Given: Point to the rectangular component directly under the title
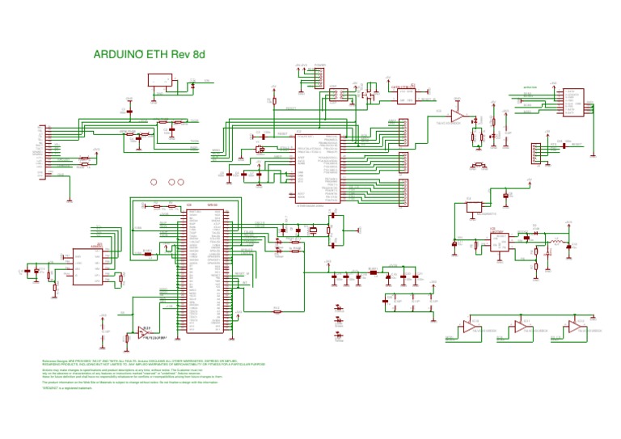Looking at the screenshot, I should (161, 80).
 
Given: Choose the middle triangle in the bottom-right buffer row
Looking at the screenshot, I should (522, 327).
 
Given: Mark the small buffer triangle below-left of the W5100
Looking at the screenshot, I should (143, 332).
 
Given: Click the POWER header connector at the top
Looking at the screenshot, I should (319, 78).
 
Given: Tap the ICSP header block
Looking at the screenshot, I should (534, 152).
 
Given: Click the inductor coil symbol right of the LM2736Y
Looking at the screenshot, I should (557, 243).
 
